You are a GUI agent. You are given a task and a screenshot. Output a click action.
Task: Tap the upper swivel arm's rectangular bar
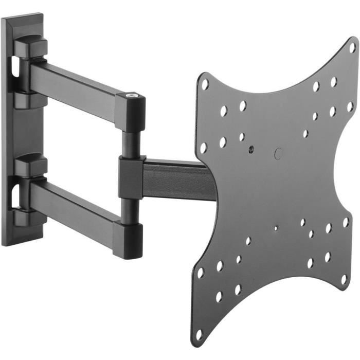77,87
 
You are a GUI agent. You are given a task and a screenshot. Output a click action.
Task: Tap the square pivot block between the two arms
132,177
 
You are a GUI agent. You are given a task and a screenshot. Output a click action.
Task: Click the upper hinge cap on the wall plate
31,47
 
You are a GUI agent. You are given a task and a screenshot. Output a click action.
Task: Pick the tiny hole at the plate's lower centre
276,228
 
